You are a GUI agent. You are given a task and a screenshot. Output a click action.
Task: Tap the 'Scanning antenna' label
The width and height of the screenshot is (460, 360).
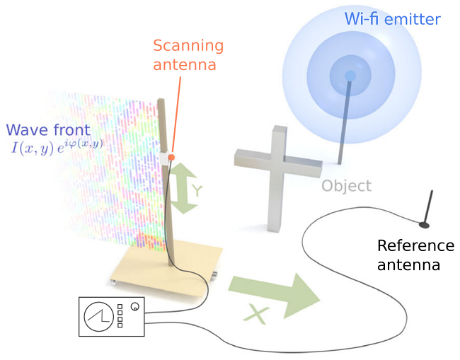(188, 55)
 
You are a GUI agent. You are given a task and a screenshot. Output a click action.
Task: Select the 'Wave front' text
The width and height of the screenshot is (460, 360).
(47, 130)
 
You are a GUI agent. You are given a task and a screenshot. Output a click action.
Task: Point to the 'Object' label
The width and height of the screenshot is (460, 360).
(346, 186)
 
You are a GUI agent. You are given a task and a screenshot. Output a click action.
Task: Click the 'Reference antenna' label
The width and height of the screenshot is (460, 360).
(415, 255)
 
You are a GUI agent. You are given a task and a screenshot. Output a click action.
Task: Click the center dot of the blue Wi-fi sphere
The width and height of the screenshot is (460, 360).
(349, 75)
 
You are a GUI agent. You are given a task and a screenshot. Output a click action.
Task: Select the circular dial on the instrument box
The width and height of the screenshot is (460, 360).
(98, 316)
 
